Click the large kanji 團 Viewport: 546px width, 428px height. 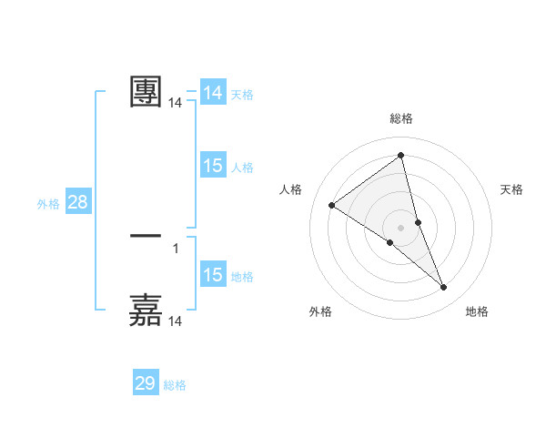pyautogui.click(x=146, y=92)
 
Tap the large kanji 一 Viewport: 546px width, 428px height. pyautogui.click(x=146, y=236)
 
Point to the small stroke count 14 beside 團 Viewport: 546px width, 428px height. pyautogui.click(x=175, y=104)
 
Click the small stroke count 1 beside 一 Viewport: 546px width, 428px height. pyautogui.click(x=175, y=248)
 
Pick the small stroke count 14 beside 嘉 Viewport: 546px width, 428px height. pyautogui.click(x=175, y=321)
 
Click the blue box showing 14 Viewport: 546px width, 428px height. pyautogui.click(x=213, y=93)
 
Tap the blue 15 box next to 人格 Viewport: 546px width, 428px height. pyautogui.click(x=213, y=166)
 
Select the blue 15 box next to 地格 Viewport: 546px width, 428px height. pyautogui.click(x=213, y=275)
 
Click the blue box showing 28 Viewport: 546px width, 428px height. pyautogui.click(x=78, y=202)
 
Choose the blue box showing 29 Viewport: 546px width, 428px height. pyautogui.click(x=146, y=383)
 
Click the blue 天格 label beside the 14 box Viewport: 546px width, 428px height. pyautogui.click(x=242, y=94)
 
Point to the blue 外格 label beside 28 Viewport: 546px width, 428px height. pyautogui.click(x=48, y=204)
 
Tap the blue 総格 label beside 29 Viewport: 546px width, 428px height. pyautogui.click(x=175, y=385)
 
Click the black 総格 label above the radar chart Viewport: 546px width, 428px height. pyautogui.click(x=400, y=118)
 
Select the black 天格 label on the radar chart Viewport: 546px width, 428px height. pyautogui.click(x=511, y=189)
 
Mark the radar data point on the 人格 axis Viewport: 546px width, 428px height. pyautogui.click(x=331, y=205)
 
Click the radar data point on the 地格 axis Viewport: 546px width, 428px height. pyautogui.click(x=444, y=288)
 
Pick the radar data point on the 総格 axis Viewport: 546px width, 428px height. pyautogui.click(x=400, y=155)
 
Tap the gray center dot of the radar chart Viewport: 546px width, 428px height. pyautogui.click(x=400, y=228)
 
